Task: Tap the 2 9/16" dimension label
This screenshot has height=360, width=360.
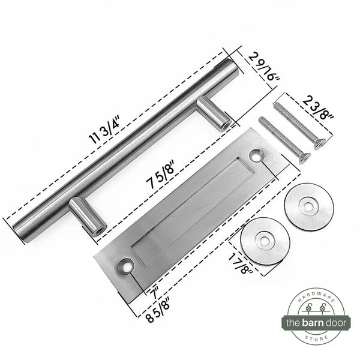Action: pyautogui.click(x=265, y=67)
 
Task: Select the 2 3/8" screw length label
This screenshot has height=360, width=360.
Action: pyautogui.click(x=318, y=107)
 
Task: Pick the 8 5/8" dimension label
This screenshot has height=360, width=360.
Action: pyautogui.click(x=158, y=310)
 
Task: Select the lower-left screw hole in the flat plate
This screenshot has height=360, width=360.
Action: pyautogui.click(x=126, y=266)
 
